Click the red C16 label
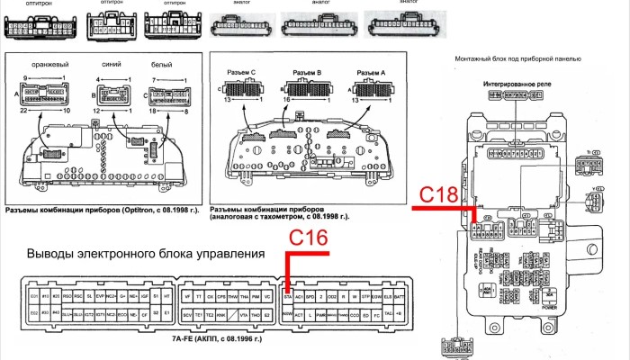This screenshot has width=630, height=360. (x=308, y=238)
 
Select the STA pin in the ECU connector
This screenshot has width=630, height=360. (x=288, y=295)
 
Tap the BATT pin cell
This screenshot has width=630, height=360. (x=400, y=295)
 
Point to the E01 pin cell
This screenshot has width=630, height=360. (x=35, y=295)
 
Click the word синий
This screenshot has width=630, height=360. (x=112, y=65)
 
